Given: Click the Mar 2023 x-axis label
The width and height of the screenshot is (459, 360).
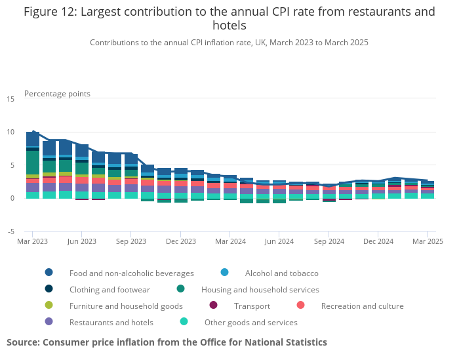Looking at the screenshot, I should pos(32,241).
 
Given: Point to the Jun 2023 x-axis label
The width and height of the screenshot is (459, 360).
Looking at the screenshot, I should pos(81,241).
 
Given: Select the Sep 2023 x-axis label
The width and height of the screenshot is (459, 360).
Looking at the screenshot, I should pos(130,241).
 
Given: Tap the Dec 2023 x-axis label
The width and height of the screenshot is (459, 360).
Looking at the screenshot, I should pos(180,241).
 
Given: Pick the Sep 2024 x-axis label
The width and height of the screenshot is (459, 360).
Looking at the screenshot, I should pos(329,241).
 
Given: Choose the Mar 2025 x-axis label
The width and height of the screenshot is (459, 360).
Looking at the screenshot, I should pos(427,241).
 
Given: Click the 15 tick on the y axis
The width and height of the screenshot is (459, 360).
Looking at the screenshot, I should pos(10,99).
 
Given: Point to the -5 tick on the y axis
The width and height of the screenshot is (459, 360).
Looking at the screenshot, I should pos(10,231).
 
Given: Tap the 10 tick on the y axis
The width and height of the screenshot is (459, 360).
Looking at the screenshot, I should pos(10,132).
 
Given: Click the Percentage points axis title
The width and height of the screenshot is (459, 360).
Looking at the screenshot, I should pos(57,94).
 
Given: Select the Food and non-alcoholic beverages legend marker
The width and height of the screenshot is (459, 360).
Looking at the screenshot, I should pos(49,273).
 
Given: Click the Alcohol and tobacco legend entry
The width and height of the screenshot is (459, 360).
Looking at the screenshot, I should pos(281,273).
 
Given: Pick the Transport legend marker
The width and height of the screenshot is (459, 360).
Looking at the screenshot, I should pos(213,306).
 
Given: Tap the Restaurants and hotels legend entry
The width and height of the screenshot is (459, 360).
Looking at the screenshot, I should pos(111,322).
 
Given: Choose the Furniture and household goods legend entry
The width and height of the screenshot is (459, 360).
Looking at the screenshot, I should pos(126,306).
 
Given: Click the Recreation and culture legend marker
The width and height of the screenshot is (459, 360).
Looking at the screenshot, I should pos(300,306).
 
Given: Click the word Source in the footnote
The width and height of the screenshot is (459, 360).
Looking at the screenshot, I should pos(23,342).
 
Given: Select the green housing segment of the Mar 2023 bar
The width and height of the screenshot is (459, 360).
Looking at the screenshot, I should pos(33,162).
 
